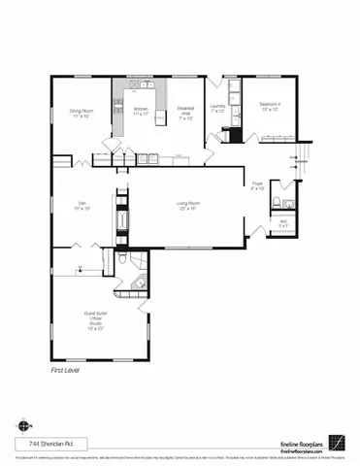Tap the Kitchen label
[141, 112]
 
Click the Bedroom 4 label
[270, 106]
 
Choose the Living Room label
[187, 205]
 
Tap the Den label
[82, 205]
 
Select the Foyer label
[258, 184]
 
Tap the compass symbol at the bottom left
[22, 425]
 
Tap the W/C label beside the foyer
[284, 223]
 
